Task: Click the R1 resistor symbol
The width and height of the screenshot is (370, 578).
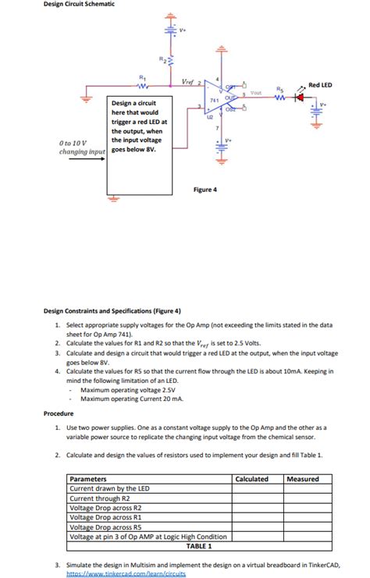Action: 142,87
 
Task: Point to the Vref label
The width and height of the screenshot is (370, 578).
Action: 187,81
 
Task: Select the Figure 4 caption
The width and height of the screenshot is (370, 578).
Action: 205,190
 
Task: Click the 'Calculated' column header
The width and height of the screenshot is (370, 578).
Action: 252,479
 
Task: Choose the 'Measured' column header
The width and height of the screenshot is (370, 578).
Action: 303,479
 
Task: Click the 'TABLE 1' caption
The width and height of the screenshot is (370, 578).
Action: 200,545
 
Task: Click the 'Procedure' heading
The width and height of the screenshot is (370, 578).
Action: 59,413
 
